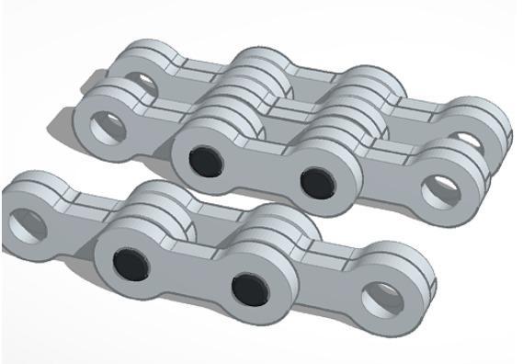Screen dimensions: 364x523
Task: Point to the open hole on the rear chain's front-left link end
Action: pyautogui.click(x=105, y=126)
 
